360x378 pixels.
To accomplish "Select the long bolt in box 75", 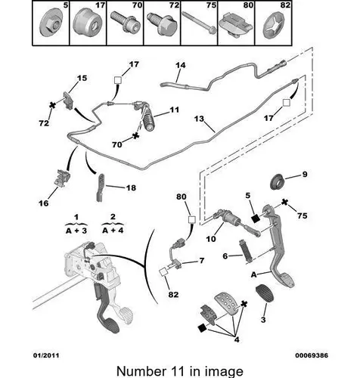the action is [199, 22].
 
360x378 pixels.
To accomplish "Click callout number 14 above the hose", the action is [181, 65].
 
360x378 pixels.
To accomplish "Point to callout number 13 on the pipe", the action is [199, 119].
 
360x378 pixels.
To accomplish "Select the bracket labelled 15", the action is [68, 100].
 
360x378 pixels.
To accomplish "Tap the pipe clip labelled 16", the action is [62, 179].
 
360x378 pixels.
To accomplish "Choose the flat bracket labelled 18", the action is [101, 187].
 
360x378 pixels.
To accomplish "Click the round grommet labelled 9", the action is [278, 181].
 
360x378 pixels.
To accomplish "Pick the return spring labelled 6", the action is [246, 251].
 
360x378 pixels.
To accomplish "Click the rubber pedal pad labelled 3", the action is [265, 293].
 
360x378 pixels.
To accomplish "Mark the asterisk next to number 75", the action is [284, 202].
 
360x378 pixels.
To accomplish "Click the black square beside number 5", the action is [256, 218].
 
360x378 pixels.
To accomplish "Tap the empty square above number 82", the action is [163, 272].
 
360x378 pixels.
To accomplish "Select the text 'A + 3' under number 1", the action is [76, 231].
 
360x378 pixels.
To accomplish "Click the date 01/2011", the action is [46, 355].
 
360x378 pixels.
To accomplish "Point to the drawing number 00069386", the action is [312, 355].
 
